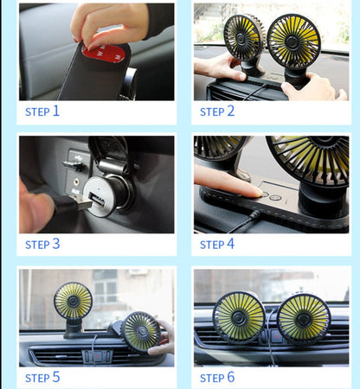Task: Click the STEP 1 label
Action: (42, 111)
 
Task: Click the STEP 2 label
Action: (217, 111)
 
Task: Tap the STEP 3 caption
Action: (42, 244)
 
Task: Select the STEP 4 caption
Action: (217, 244)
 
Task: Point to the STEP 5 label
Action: (42, 377)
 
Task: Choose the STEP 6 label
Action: (217, 377)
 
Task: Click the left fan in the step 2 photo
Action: (243, 36)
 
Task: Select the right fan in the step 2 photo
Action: (293, 40)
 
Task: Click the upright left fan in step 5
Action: (73, 301)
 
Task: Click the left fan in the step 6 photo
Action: (239, 316)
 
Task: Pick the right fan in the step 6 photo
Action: (303, 318)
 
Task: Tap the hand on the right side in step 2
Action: (316, 86)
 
